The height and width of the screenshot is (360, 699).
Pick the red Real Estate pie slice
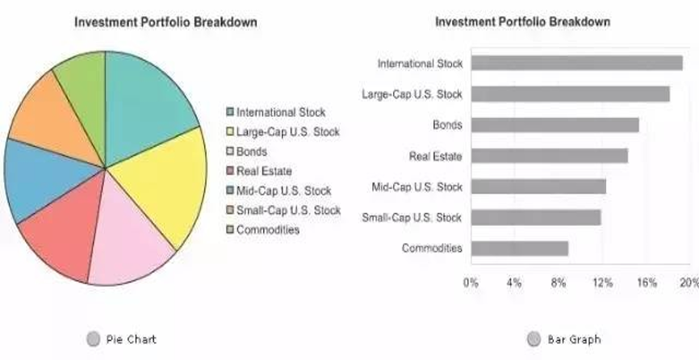(61, 238)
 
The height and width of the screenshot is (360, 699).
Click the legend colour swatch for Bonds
(230, 152)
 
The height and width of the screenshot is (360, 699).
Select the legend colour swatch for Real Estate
(230, 171)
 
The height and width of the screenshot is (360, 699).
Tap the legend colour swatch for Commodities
(230, 230)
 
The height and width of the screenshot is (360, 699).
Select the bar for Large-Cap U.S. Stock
(570, 94)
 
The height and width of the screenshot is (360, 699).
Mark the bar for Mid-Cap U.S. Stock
(538, 186)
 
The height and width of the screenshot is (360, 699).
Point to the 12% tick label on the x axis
(602, 283)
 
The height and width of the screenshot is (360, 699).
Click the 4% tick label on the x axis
(514, 283)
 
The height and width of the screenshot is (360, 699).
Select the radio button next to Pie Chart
(93, 339)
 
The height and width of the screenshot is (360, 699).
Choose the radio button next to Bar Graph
(534, 339)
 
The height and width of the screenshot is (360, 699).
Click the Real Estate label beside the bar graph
(436, 156)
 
